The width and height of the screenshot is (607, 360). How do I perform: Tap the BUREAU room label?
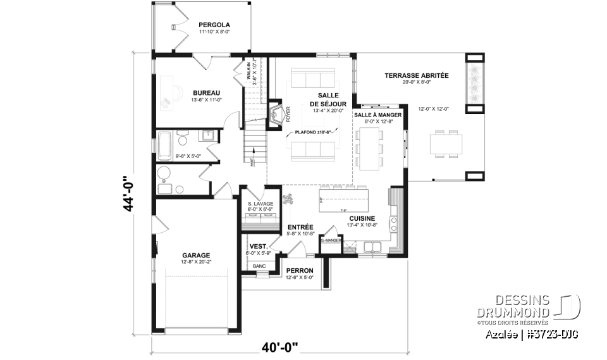[x=206, y=93]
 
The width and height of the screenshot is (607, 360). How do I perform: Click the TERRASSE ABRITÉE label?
[x=416, y=75]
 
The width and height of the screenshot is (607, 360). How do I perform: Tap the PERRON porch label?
[x=300, y=270]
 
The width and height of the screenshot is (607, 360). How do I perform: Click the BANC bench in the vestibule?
[x=259, y=267]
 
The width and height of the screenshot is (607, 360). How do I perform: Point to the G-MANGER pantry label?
[x=331, y=241]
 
